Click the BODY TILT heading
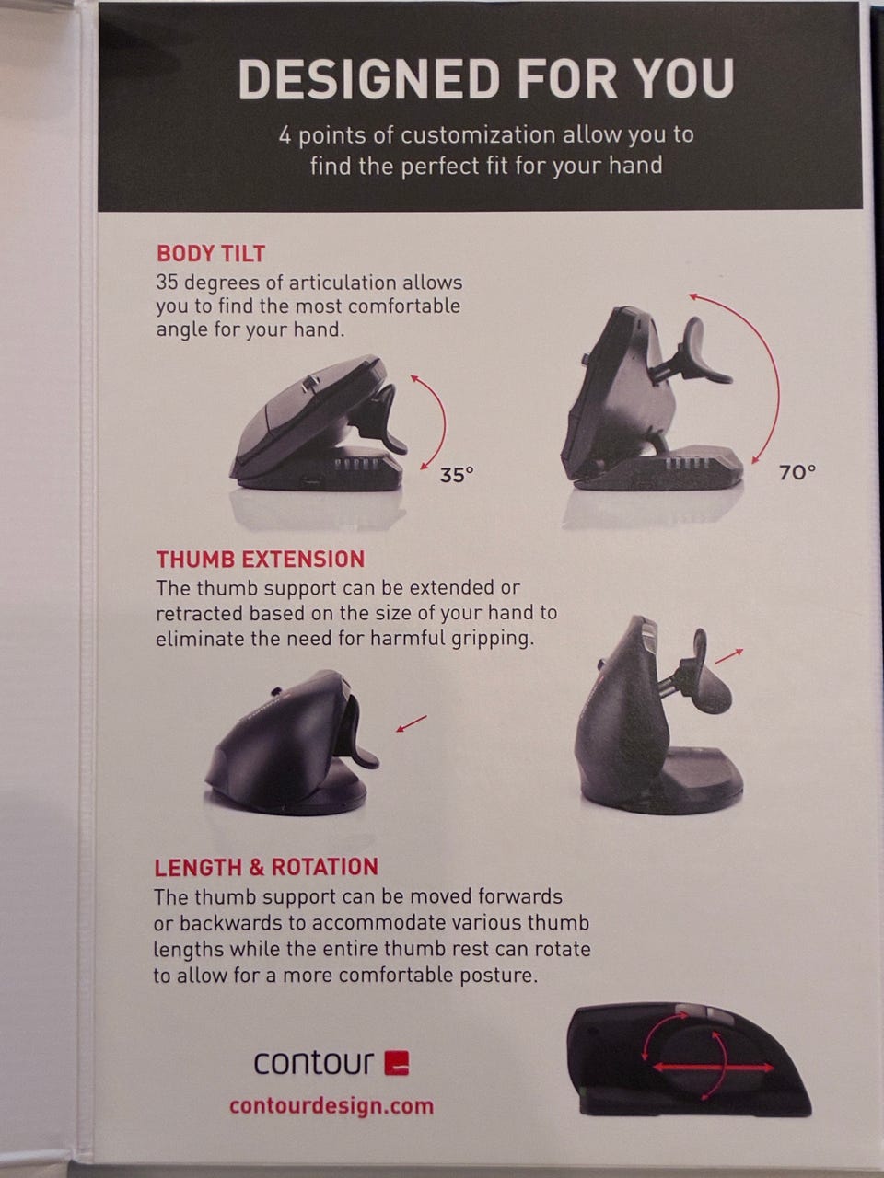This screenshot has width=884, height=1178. [x=210, y=253]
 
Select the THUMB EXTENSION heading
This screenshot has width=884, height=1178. [x=261, y=560]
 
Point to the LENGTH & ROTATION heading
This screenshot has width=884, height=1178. [x=266, y=867]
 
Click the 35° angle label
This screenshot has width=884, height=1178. [x=457, y=474]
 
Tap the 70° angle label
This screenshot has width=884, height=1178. [x=797, y=472]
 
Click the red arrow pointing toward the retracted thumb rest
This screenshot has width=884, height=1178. [x=411, y=723]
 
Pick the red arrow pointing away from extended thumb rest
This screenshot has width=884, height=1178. [x=729, y=656]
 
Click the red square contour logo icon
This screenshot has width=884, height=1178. [x=397, y=1063]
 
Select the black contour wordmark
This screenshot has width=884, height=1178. [x=313, y=1063]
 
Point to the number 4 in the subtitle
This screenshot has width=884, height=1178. [x=285, y=136]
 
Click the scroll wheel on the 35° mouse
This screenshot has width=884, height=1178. [x=310, y=385]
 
